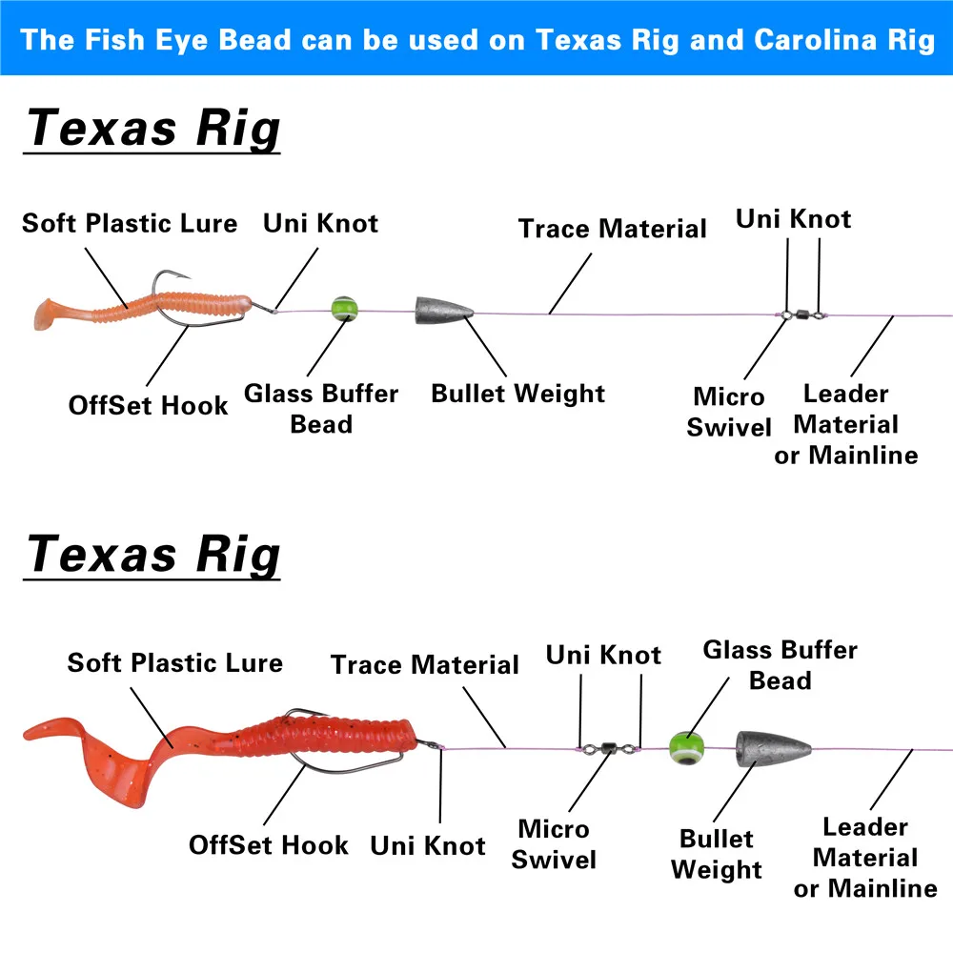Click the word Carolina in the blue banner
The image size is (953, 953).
(x=817, y=40)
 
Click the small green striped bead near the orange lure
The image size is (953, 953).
(x=345, y=309)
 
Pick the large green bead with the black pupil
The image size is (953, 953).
(x=687, y=747)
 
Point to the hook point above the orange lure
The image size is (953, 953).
(x=182, y=277)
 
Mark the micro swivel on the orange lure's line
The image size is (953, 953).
(x=802, y=314)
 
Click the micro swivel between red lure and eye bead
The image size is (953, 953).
(x=608, y=748)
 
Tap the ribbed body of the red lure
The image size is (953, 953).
(x=328, y=737)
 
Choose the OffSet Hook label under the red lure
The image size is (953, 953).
(x=269, y=845)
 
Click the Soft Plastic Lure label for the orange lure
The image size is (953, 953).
(x=130, y=224)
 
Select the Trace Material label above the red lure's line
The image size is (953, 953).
(x=424, y=664)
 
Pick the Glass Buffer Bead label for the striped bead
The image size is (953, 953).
(x=321, y=409)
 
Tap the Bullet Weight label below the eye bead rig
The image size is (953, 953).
(x=717, y=855)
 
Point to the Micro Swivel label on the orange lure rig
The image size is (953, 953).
(x=729, y=412)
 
